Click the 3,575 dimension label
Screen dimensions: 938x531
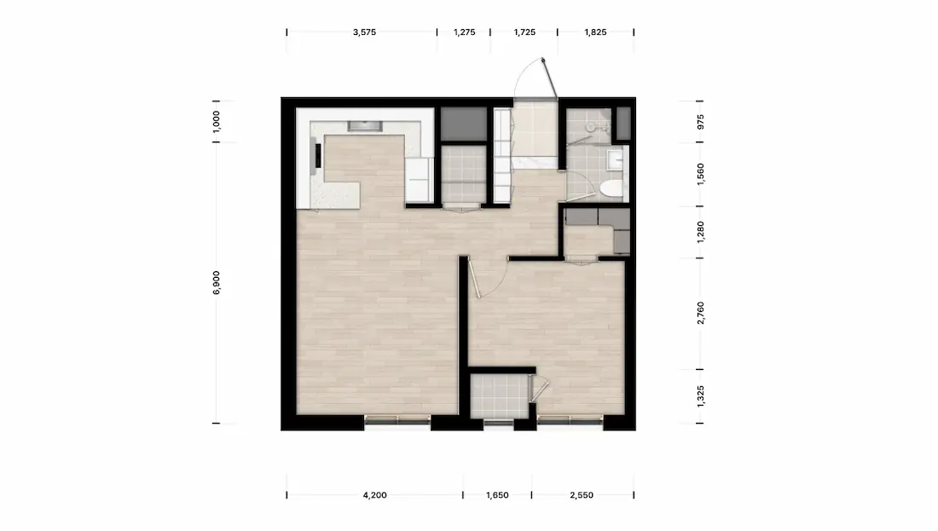pyautogui.click(x=364, y=32)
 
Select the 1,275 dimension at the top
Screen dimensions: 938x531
pyautogui.click(x=464, y=32)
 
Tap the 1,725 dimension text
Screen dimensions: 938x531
pyautogui.click(x=524, y=32)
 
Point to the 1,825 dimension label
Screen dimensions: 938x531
pyautogui.click(x=595, y=32)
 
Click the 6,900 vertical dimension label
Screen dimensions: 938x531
pyautogui.click(x=217, y=282)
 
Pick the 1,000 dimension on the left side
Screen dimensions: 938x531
pyautogui.click(x=217, y=121)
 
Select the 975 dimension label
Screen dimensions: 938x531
pyautogui.click(x=700, y=121)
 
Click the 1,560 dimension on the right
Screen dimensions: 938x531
pyautogui.click(x=700, y=174)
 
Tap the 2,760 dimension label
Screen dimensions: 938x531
pyautogui.click(x=700, y=314)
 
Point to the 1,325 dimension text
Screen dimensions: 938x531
pyautogui.click(x=700, y=396)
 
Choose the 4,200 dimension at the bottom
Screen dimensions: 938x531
pyautogui.click(x=374, y=495)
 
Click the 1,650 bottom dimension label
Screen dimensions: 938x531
pyautogui.click(x=497, y=495)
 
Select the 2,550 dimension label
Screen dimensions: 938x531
pyautogui.click(x=582, y=495)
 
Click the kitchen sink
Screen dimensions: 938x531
pyautogui.click(x=365, y=125)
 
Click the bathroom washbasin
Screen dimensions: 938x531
pyautogui.click(x=615, y=159)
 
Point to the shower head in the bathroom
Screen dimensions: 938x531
pyautogui.click(x=591, y=127)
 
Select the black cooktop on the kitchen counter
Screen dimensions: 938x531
pyautogui.click(x=318, y=156)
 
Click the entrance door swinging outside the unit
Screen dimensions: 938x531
pyautogui.click(x=550, y=78)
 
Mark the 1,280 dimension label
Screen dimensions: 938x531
pyautogui.click(x=700, y=232)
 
